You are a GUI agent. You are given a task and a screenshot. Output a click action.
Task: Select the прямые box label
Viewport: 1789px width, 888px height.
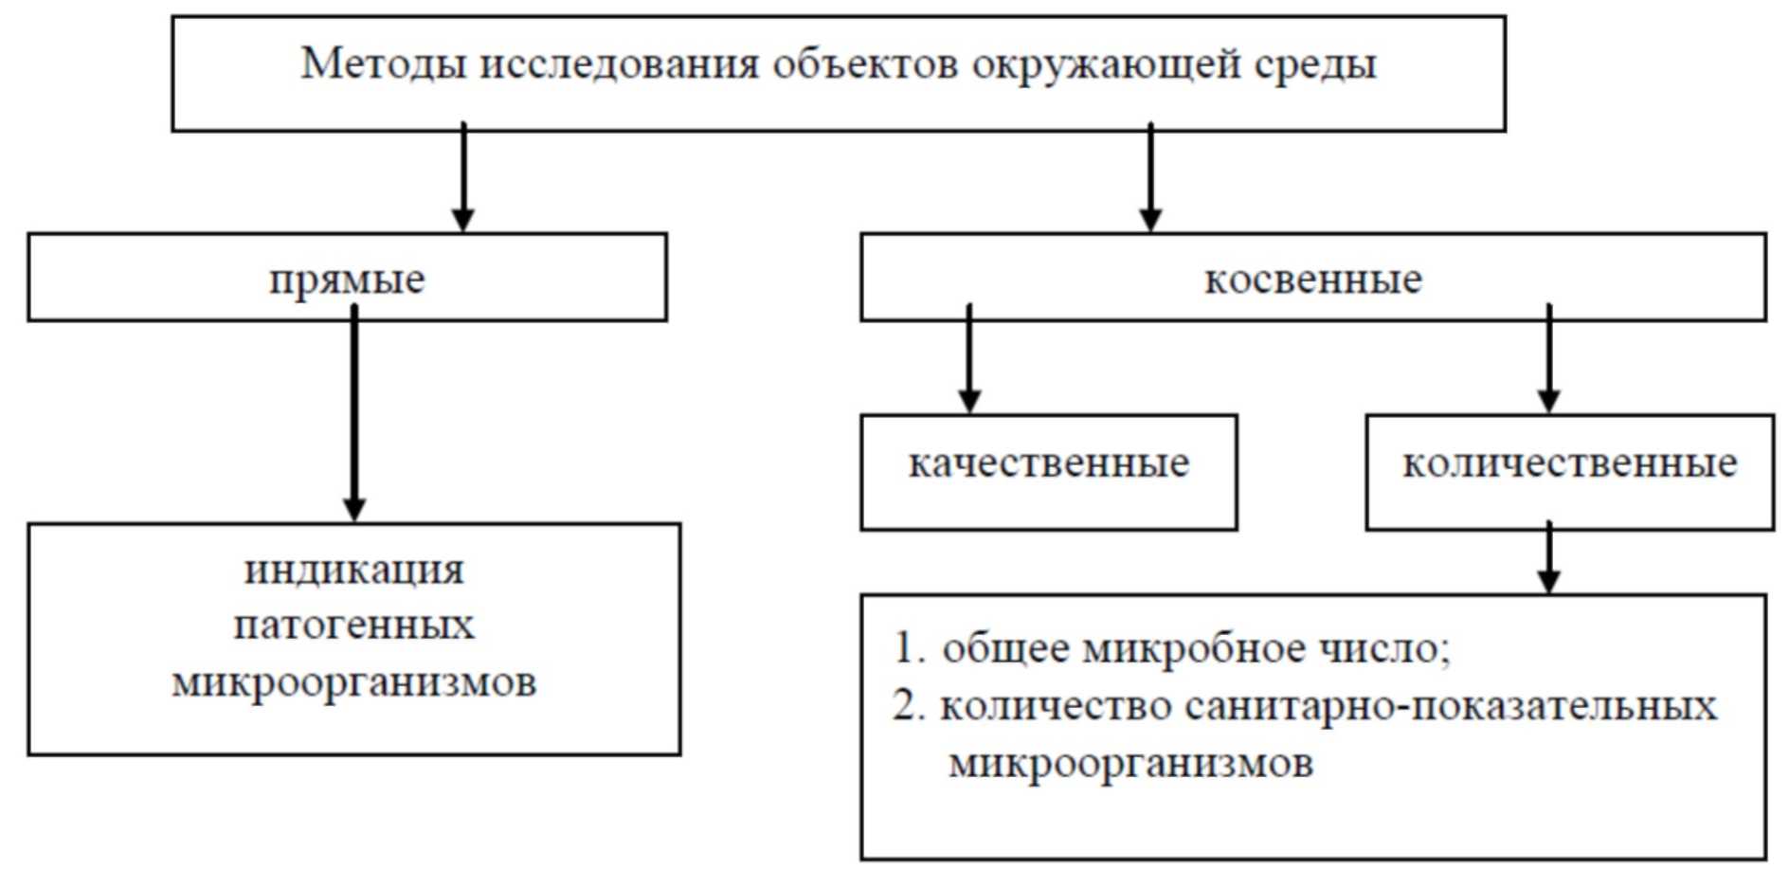tap(347, 280)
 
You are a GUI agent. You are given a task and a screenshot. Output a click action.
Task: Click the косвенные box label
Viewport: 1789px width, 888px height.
tap(1312, 279)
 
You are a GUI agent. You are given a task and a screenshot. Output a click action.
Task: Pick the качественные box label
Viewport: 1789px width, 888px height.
tap(1048, 463)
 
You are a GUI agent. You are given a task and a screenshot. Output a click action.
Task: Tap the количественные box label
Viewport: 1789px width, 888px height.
tap(1569, 463)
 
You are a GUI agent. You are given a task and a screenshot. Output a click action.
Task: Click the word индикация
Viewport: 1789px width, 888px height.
tap(354, 571)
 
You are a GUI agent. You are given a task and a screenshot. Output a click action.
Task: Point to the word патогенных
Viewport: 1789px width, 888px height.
tap(353, 625)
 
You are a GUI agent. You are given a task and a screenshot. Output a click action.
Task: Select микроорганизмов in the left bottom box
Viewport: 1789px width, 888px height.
tap(353, 682)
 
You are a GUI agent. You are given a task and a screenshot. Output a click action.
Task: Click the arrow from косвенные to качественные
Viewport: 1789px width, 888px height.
tap(968, 360)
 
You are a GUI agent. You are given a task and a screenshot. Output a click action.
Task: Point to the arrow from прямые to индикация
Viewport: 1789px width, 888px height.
tap(353, 417)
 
